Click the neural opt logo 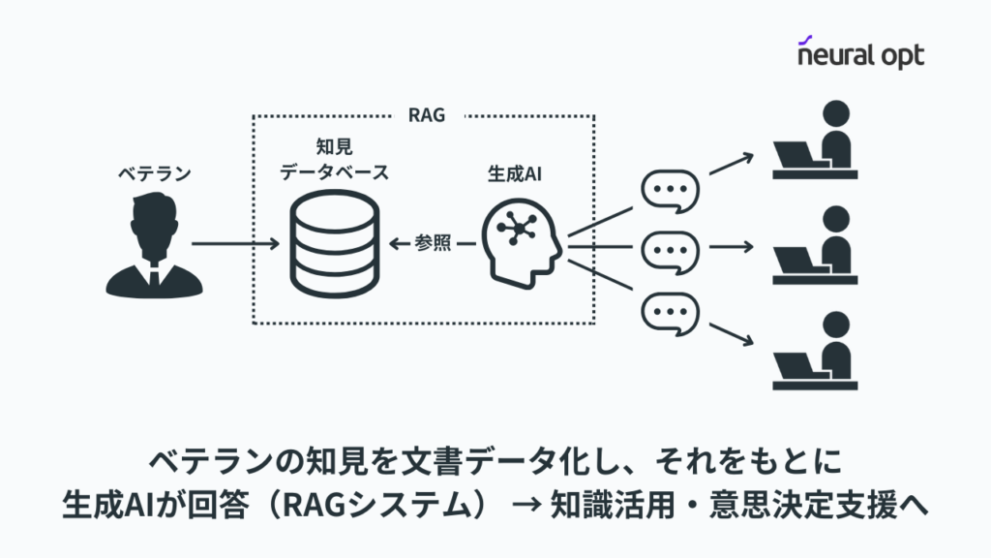pos(860,53)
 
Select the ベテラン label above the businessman pos(155,173)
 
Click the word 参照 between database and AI pos(433,244)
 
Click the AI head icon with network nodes pos(524,242)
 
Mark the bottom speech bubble pos(670,312)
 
